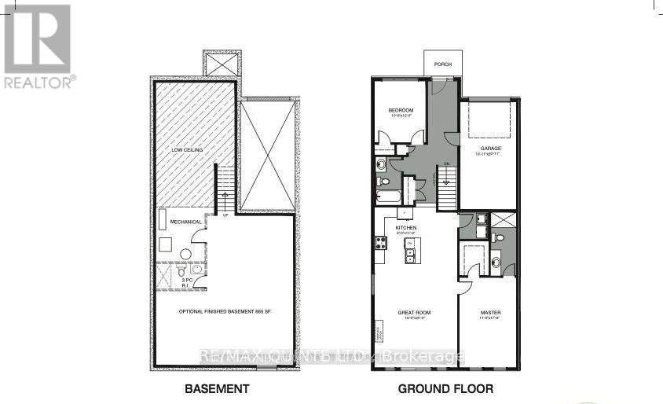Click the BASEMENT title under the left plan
point(216,388)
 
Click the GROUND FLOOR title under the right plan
point(445,388)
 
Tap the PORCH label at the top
point(442,64)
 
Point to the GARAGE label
point(492,149)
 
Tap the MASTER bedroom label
point(490,313)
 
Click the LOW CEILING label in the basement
point(188,149)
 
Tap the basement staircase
point(225,189)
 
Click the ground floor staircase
point(446,191)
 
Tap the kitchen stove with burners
point(379,243)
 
